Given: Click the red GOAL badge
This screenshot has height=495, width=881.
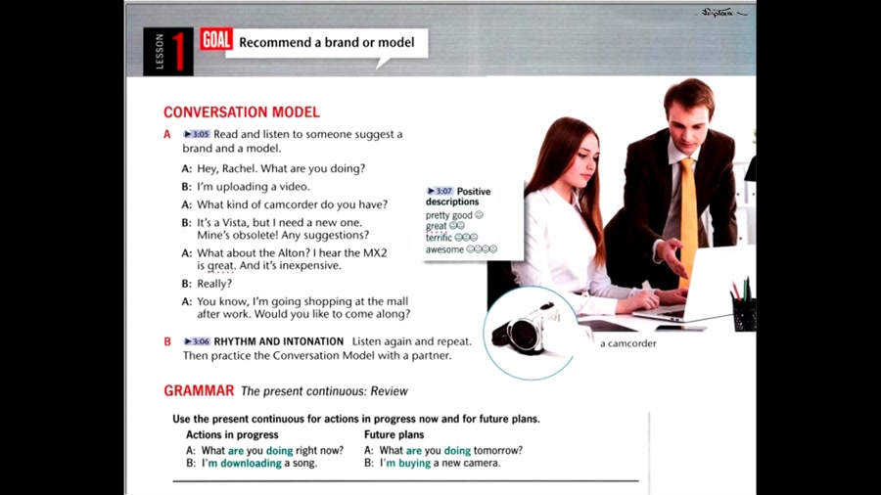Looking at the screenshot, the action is tap(216, 40).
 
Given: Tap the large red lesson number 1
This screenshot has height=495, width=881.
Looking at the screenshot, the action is tap(179, 52).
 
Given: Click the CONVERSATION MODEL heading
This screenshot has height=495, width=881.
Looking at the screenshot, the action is tap(242, 112).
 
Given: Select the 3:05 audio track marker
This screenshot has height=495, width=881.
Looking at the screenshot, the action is tap(197, 134).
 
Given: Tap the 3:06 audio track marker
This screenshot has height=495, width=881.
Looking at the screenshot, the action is tap(197, 341).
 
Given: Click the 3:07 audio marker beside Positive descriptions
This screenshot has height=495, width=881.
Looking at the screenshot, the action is tap(440, 192).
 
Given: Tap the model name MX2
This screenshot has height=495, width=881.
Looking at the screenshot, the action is tap(375, 252).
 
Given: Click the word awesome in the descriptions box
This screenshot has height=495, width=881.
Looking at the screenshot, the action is tap(444, 249).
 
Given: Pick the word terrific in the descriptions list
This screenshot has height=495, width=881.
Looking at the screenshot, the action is tap(439, 238).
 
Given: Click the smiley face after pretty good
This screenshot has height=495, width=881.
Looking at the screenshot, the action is tap(479, 215).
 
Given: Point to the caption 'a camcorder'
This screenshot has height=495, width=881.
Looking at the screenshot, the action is tap(628, 343).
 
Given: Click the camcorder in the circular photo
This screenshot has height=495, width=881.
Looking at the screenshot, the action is tap(525, 329).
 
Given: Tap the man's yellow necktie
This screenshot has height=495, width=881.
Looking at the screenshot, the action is tap(688, 219).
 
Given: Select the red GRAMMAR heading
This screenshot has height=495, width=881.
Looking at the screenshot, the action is tap(199, 390).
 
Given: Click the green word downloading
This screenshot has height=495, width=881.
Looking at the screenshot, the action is tap(251, 463).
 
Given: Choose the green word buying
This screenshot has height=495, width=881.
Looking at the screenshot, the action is tap(414, 463).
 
